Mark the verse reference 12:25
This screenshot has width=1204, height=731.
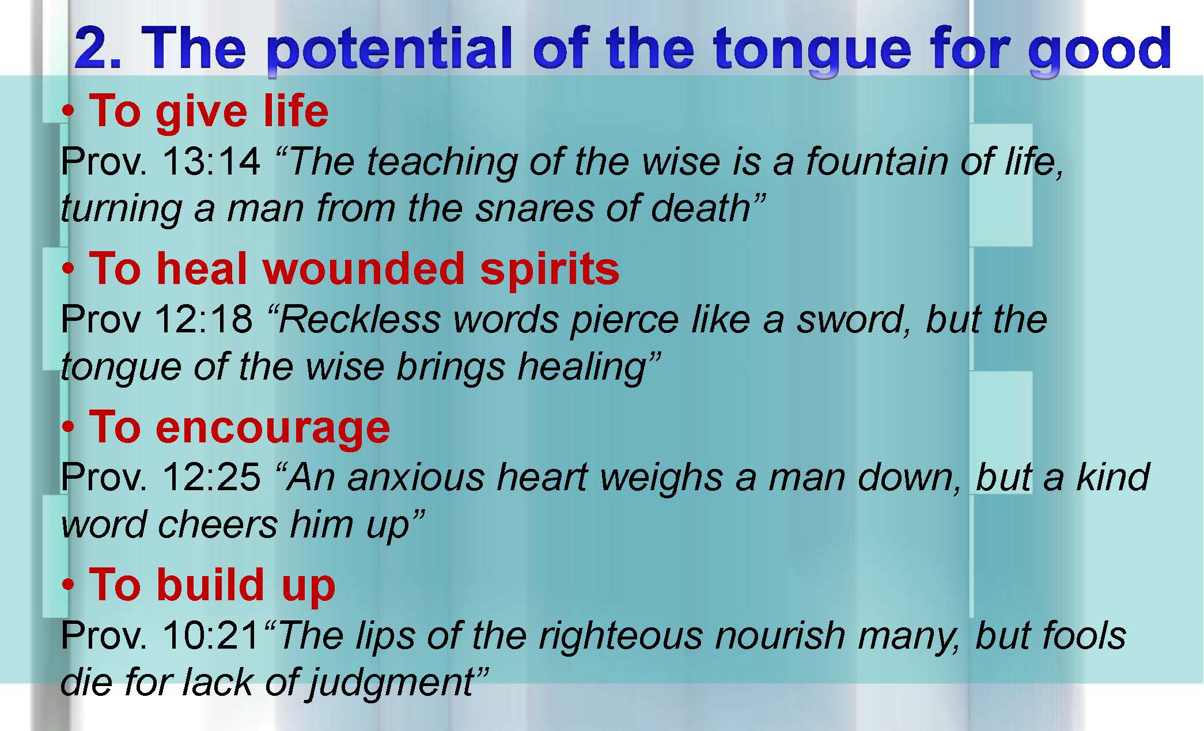click(x=211, y=478)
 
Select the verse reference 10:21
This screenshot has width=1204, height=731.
click(x=211, y=635)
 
